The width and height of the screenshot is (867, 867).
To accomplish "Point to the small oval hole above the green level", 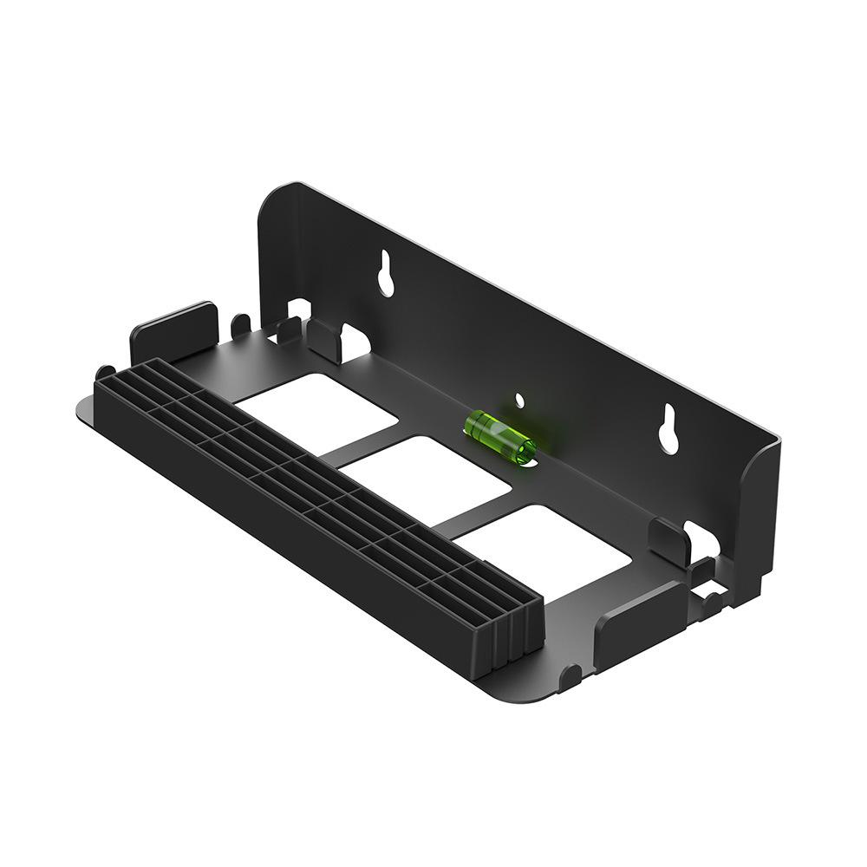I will pos(519,401).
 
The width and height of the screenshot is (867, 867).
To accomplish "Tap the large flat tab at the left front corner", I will pos(173,333).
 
